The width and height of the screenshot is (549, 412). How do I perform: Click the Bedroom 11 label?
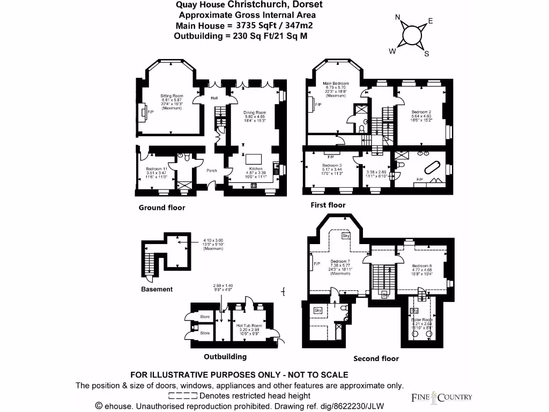click(157, 168)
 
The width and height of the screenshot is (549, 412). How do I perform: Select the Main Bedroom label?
click(336, 84)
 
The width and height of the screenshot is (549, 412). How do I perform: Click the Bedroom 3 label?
click(332, 165)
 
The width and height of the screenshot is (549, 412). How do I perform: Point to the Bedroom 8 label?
click(422, 266)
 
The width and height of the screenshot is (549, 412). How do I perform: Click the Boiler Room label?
click(422, 320)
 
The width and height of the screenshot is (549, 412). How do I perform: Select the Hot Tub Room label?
click(249, 326)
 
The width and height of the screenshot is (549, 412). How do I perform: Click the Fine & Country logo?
click(442, 397)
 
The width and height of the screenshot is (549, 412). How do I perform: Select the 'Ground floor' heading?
click(162, 208)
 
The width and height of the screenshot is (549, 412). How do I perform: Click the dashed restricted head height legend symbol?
click(182, 396)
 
